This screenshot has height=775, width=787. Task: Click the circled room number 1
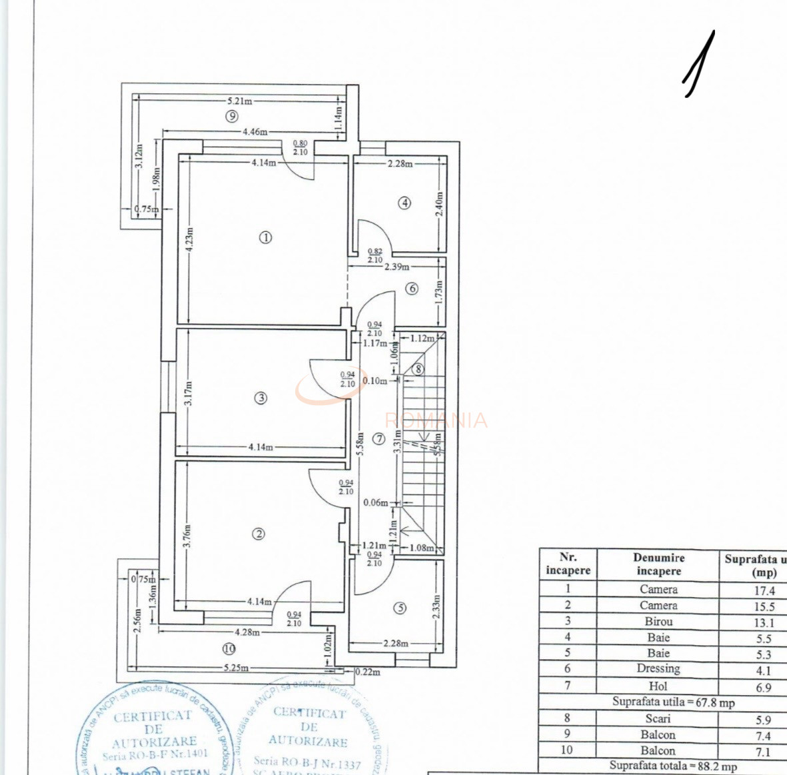[x=266, y=237]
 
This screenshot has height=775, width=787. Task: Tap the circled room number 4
[x=404, y=203]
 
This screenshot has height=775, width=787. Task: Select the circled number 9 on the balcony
[x=231, y=117]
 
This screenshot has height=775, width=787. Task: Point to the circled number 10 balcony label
[x=229, y=648]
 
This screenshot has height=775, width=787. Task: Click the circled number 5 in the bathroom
[x=399, y=608]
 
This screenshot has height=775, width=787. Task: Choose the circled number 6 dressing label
[x=412, y=289]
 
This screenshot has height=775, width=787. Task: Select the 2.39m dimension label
[x=397, y=267]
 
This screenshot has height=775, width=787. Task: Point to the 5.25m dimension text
[x=236, y=668]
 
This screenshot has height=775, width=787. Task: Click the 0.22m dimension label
[x=368, y=672]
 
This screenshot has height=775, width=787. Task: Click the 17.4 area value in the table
[x=764, y=590]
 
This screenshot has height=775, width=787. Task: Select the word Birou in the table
[x=658, y=621]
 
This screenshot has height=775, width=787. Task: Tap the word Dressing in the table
[x=658, y=669]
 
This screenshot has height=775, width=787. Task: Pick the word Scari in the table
[x=658, y=718]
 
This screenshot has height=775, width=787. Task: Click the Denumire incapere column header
[x=658, y=564]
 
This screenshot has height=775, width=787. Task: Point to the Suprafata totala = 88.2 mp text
[x=673, y=766]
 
